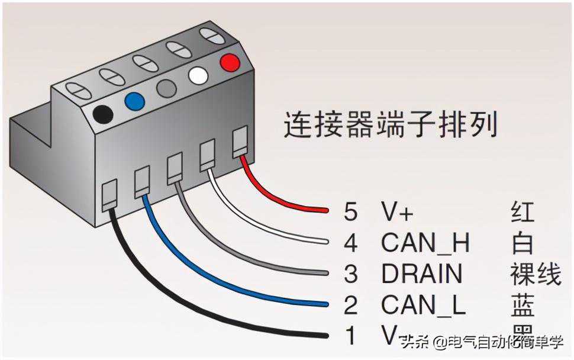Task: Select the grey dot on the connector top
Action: tap(166, 88)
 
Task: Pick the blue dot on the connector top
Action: tap(134, 101)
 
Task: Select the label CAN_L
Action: tap(423, 305)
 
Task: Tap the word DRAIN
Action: tap(421, 274)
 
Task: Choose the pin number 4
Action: tap(350, 243)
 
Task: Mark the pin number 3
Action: tap(350, 274)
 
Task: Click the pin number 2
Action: tap(350, 306)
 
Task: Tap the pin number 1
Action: tap(350, 336)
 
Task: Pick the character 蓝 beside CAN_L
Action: tap(522, 305)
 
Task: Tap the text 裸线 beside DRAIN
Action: tap(535, 274)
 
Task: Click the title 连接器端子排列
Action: tap(390, 125)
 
